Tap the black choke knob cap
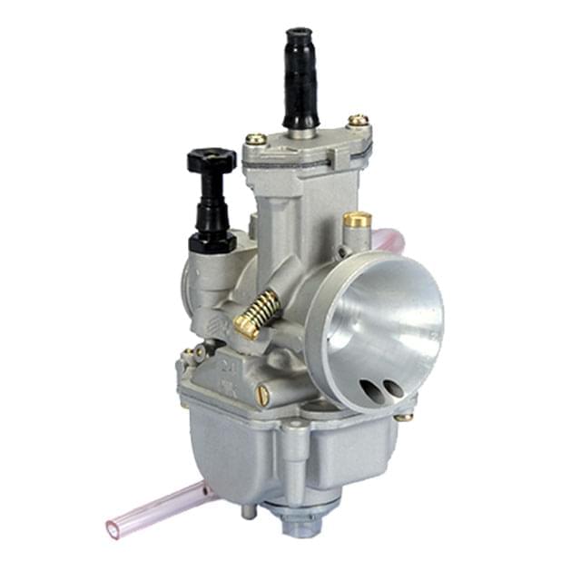coord(212,161)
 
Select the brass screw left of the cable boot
coord(256,140)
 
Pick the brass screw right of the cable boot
coord(359,119)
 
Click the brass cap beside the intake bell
coord(357,221)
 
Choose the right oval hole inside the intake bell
coord(392,388)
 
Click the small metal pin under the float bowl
coord(248,513)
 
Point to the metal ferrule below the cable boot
coord(302,132)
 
